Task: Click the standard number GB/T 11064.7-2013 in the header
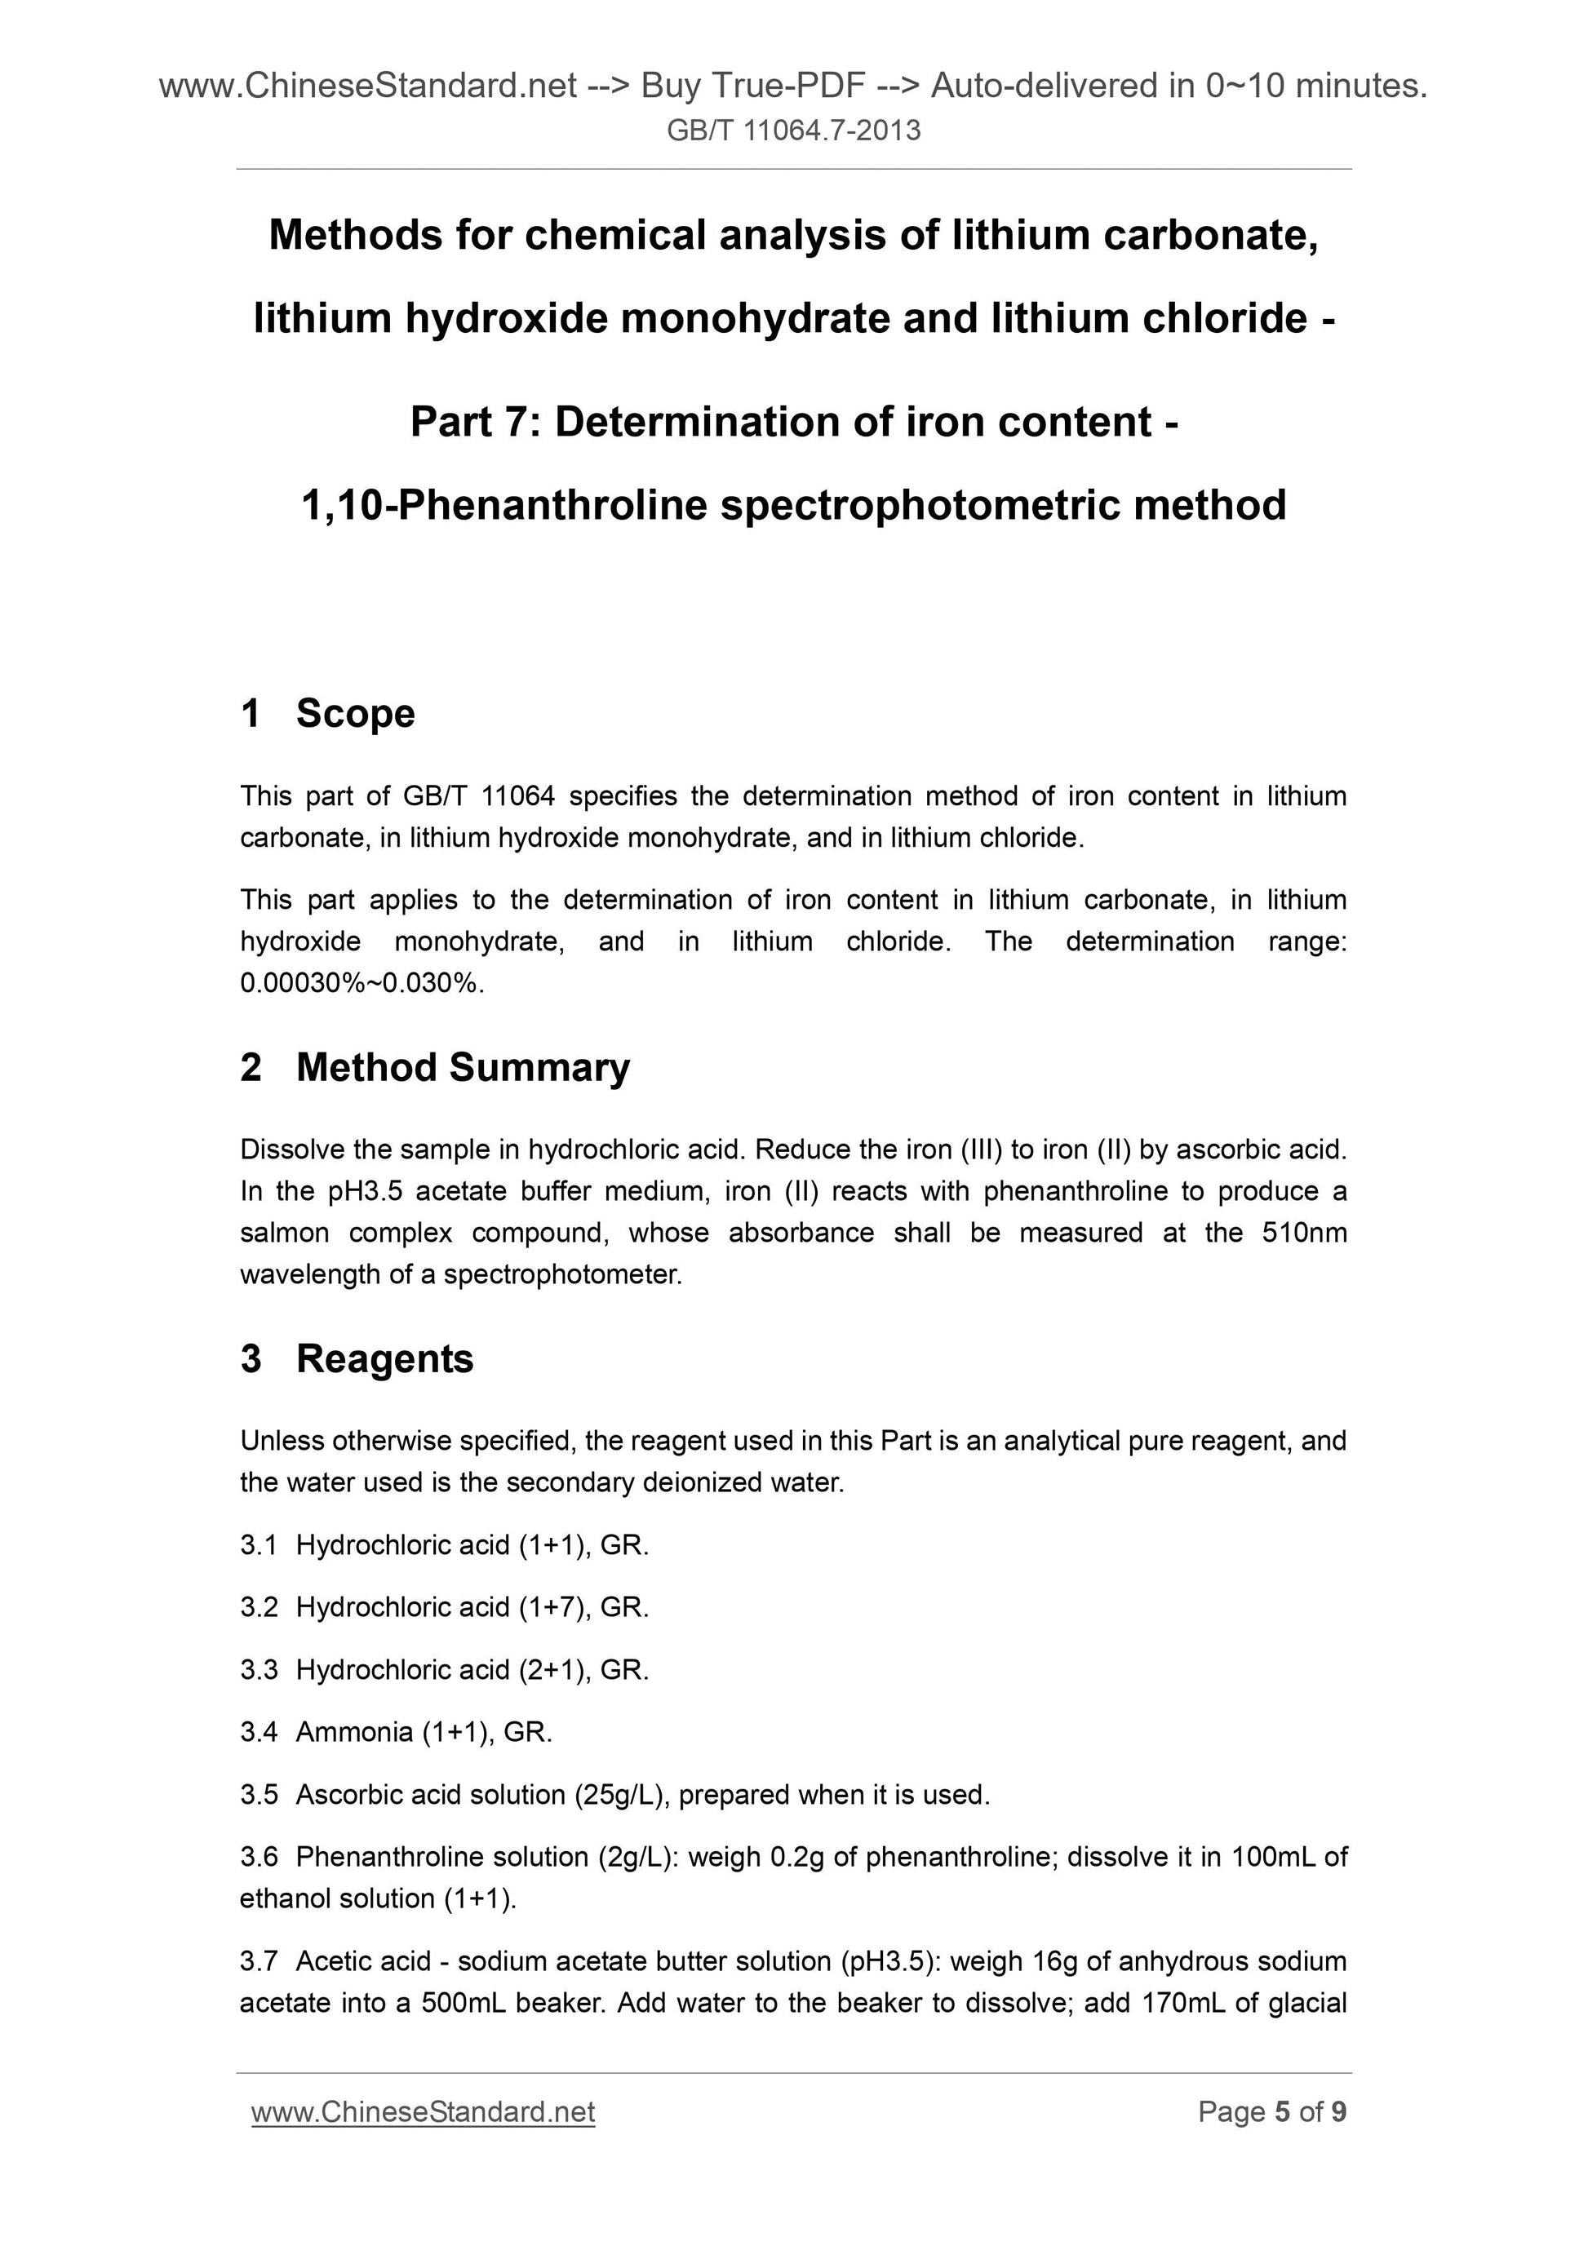point(793,130)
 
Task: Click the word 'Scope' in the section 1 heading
point(355,713)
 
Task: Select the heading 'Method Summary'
point(463,1067)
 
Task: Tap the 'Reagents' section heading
point(384,1358)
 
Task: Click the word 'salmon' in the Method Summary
point(285,1233)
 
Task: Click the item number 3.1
point(259,1545)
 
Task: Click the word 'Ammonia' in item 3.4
point(354,1733)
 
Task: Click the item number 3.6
point(259,1857)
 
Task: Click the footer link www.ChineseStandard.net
point(423,2113)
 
